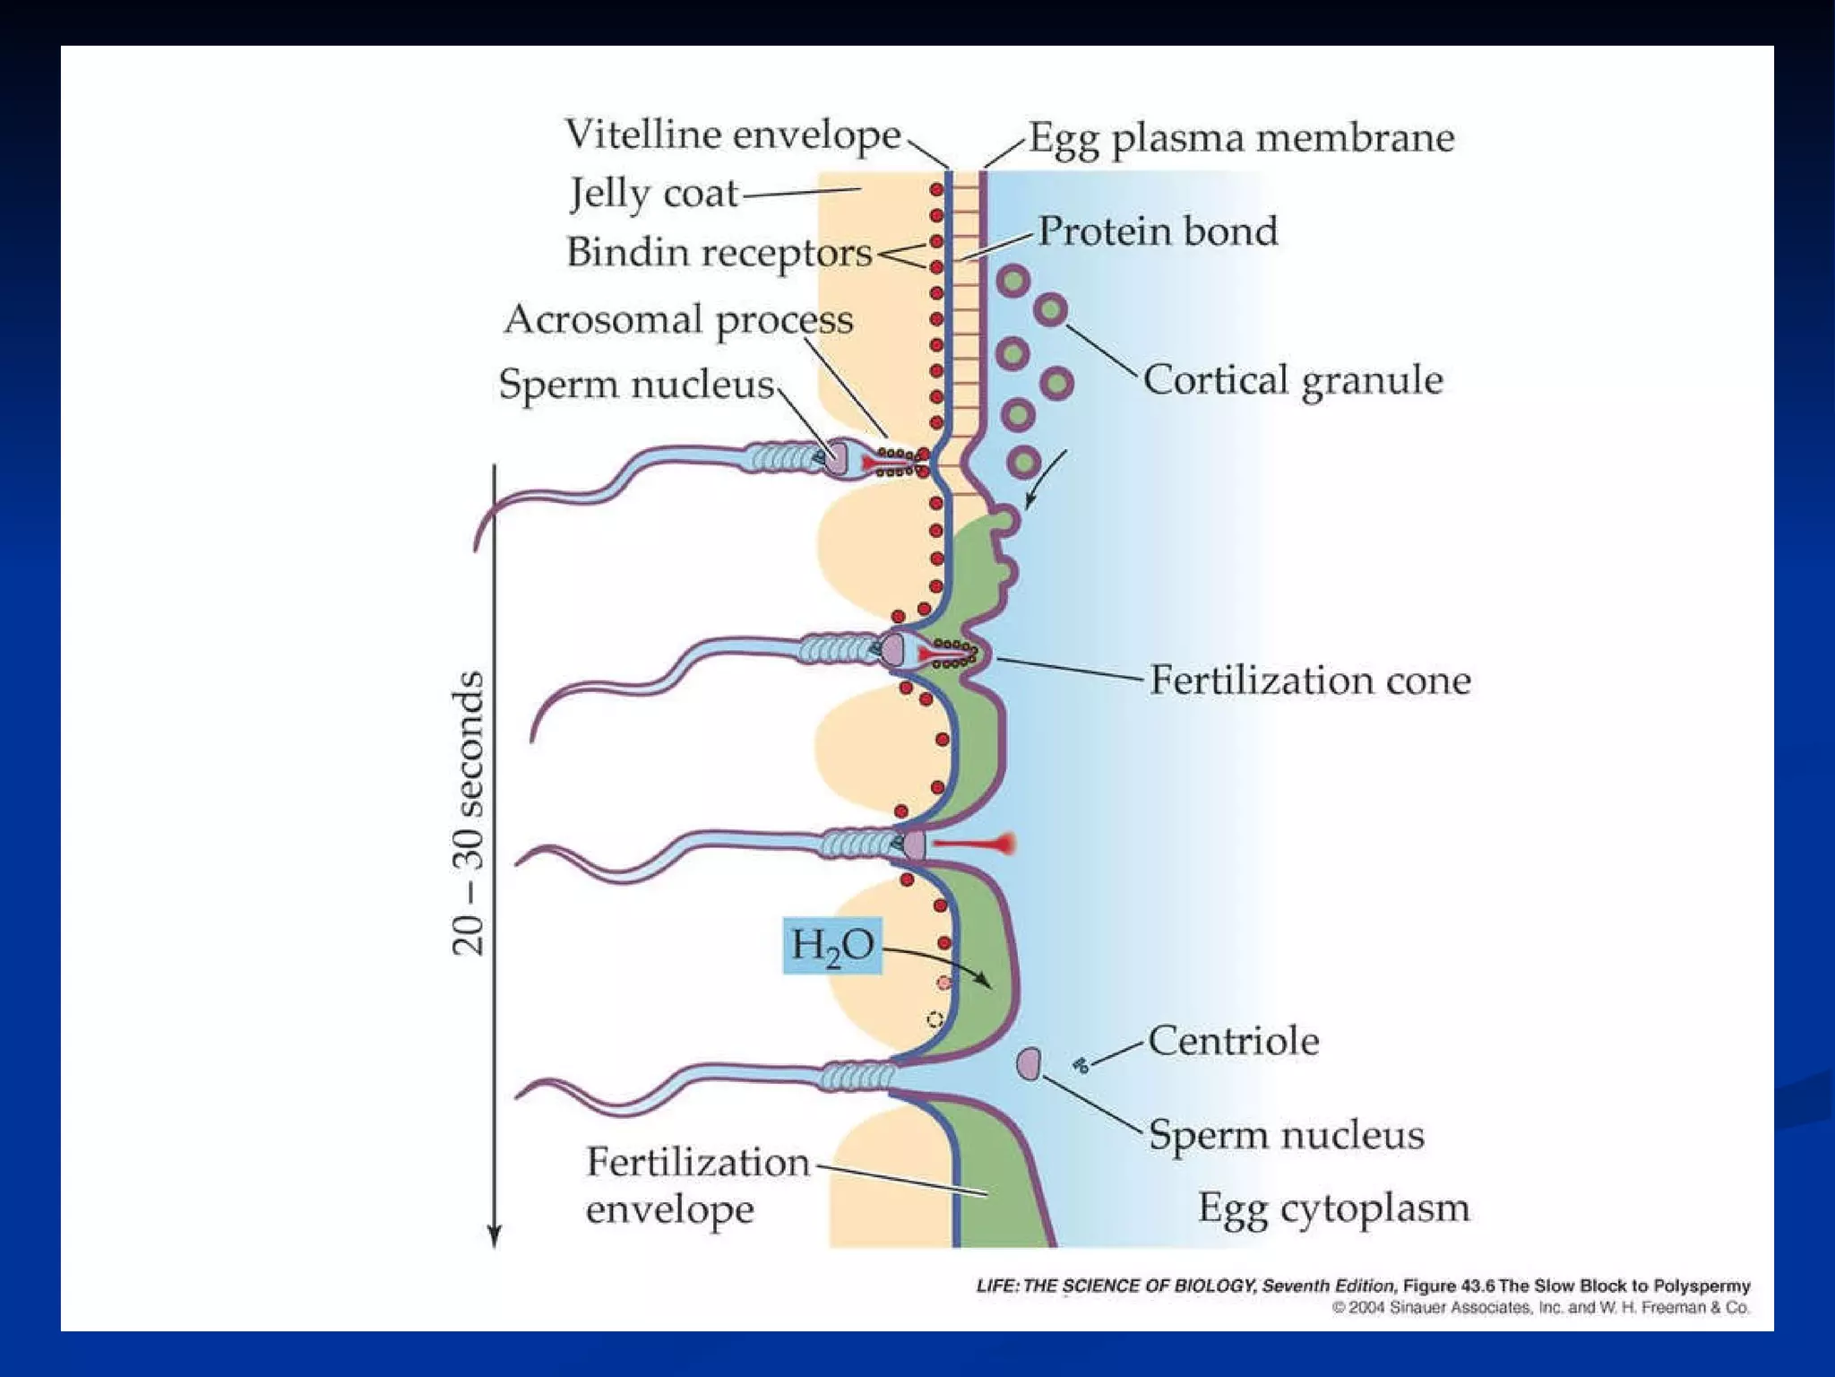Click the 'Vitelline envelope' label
[732, 135]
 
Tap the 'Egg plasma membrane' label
[1241, 138]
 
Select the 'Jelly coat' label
[654, 194]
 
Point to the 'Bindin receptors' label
[719, 253]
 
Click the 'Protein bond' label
[1158, 231]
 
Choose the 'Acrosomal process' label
[678, 320]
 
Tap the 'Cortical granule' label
[1293, 380]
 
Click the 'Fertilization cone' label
[1310, 680]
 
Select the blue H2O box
[831, 946]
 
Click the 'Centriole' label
[1233, 1042]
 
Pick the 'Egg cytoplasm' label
[1334, 1208]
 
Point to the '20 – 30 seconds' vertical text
[468, 813]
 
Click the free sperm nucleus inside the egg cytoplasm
[1029, 1063]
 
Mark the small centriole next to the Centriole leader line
[1081, 1065]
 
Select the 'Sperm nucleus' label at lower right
[1286, 1135]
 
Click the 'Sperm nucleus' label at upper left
[636, 385]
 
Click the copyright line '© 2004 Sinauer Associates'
[1540, 1308]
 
